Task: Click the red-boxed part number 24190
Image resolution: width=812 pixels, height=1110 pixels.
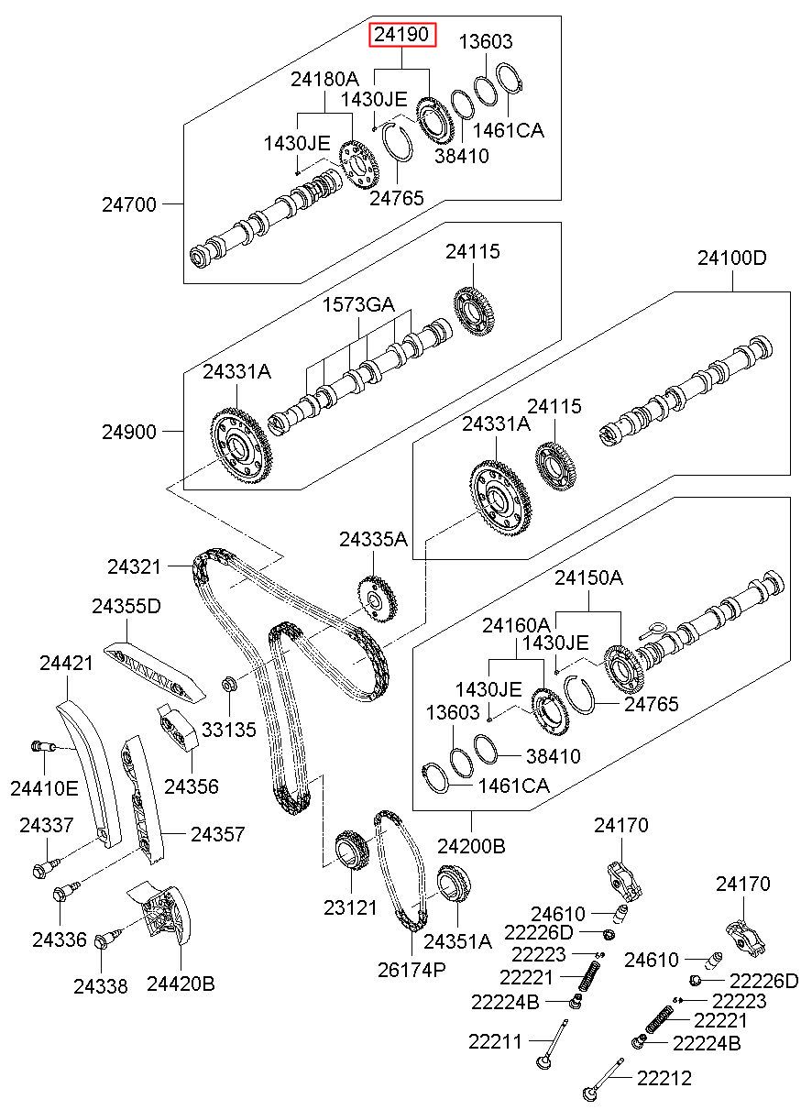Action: click(x=401, y=34)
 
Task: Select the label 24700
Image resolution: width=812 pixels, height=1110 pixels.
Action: click(x=129, y=204)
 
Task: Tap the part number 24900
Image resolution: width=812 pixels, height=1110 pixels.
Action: click(x=129, y=432)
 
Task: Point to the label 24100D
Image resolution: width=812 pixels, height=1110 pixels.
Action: click(x=731, y=258)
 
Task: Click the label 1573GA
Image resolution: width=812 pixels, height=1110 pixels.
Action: click(x=358, y=304)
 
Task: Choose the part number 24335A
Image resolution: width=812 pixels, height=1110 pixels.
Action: click(x=373, y=539)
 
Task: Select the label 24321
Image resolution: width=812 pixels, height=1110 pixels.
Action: click(x=134, y=566)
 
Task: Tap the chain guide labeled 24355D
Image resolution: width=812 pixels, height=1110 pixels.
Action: click(x=154, y=673)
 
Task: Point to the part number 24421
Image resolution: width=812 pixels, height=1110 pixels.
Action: click(x=66, y=663)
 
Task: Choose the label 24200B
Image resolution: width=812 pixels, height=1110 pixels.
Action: click(x=471, y=847)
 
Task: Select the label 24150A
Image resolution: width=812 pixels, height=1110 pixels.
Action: click(x=588, y=577)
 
